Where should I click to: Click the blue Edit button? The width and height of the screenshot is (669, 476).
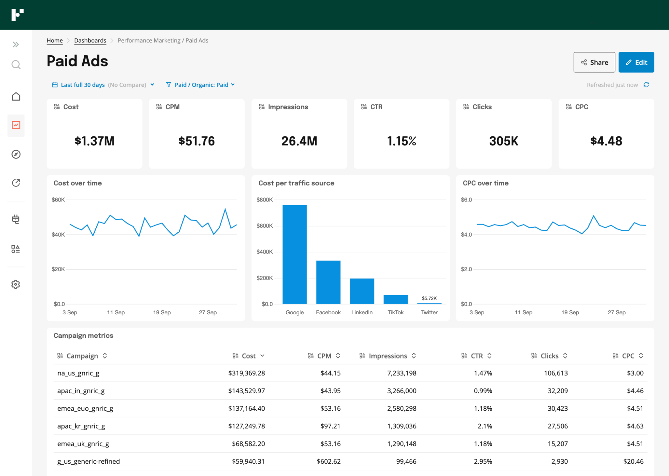click(636, 62)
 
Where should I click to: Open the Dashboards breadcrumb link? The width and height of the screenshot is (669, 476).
click(90, 41)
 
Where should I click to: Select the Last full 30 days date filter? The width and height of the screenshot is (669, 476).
click(83, 85)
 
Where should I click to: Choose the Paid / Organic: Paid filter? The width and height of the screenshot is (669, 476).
click(201, 85)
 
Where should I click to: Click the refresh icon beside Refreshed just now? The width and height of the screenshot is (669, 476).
click(646, 85)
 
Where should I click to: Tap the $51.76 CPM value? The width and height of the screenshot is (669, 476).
click(196, 141)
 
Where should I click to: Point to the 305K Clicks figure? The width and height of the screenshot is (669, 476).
click(503, 141)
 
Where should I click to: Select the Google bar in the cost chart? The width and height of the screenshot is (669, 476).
click(295, 254)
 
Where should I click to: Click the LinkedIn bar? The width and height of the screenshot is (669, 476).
click(362, 291)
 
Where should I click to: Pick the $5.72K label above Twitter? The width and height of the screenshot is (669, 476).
click(429, 298)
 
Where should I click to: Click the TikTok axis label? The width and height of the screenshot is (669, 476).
click(396, 312)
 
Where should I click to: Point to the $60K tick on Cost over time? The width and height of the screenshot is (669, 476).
click(58, 200)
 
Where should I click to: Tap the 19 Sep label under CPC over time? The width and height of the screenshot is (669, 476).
click(570, 312)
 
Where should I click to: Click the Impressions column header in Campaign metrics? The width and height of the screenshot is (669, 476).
click(388, 356)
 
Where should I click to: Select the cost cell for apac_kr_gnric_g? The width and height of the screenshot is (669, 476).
click(246, 426)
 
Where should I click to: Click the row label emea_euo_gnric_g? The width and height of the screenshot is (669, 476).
click(85, 408)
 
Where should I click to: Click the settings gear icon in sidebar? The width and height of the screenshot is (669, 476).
click(16, 284)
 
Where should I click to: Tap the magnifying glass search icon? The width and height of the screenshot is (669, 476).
click(16, 64)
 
